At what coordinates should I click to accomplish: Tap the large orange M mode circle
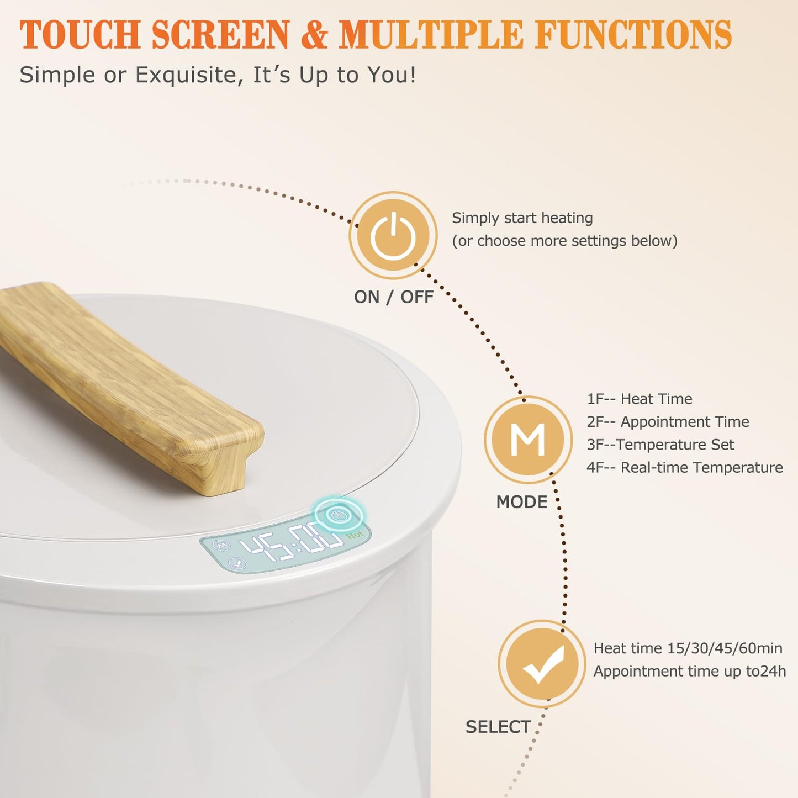(528, 440)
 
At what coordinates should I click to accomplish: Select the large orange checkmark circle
(542, 663)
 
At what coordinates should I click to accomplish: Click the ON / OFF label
(393, 297)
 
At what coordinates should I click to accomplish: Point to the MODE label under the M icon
(522, 502)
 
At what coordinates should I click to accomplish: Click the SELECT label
(498, 727)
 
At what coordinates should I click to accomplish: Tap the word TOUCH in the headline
(80, 34)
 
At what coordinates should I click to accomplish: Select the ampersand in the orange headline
(314, 34)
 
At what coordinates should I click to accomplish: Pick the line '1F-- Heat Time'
(640, 399)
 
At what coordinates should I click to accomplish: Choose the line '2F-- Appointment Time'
(668, 422)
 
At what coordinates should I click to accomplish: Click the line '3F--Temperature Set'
(660, 445)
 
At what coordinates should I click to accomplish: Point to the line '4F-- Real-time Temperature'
(685, 468)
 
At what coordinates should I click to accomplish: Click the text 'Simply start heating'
(522, 218)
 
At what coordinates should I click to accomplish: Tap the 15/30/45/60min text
(725, 648)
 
